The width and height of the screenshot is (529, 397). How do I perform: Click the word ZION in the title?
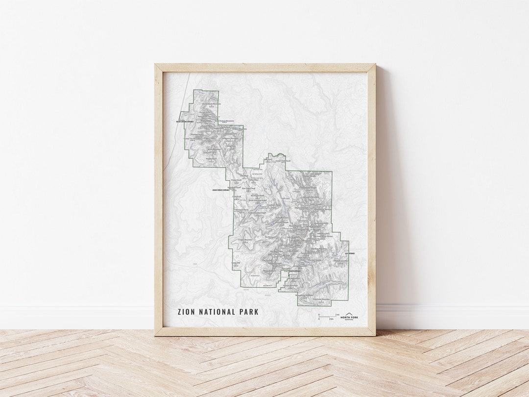point(187,312)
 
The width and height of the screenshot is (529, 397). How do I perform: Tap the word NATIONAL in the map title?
point(217,312)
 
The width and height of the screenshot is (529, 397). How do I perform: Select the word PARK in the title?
point(249,312)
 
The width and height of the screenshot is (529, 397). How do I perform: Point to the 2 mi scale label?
point(337,314)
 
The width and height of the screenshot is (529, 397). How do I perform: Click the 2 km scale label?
point(332,319)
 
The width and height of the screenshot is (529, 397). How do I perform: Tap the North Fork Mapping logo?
point(349,317)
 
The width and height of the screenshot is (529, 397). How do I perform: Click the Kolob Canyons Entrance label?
point(185,122)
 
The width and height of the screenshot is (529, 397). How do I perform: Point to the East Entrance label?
point(350,253)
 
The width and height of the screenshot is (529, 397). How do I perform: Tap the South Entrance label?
point(296,271)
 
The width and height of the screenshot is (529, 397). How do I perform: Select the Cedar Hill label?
point(237,263)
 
